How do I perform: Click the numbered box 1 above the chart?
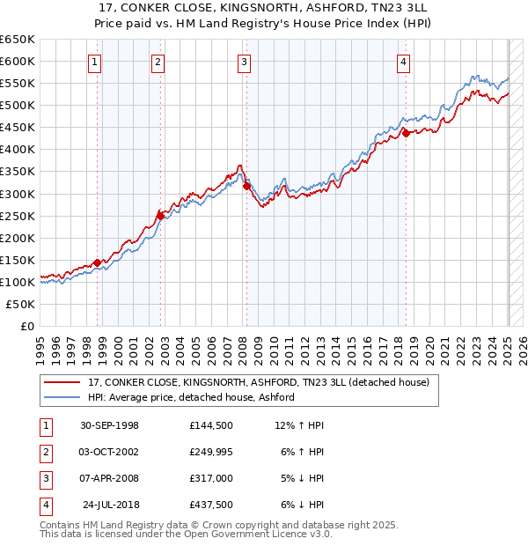tap(94, 62)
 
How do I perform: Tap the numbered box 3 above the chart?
tap(244, 62)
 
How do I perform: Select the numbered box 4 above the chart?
tap(402, 62)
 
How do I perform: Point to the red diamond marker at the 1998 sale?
tap(97, 262)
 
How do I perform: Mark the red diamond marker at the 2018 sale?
tap(406, 133)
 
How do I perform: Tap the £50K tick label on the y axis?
tap(20, 304)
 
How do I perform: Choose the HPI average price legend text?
tap(191, 398)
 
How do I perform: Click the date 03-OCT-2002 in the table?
tap(109, 452)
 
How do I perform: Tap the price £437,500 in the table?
tap(210, 505)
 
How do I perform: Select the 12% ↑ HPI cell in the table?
tap(299, 425)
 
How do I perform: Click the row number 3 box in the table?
tap(44, 478)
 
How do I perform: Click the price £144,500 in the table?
tap(210, 425)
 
